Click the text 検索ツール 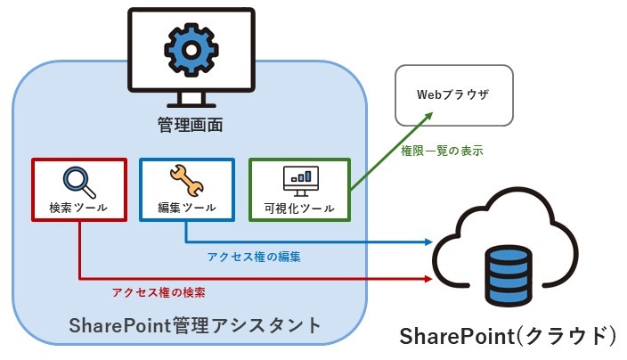pos(78,208)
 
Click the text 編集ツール pos(186,208)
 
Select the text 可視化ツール pos(299,209)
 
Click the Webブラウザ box pos(453,94)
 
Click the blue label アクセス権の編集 pos(254,257)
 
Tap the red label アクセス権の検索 pos(164,291)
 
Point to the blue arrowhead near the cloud pos(429,241)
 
